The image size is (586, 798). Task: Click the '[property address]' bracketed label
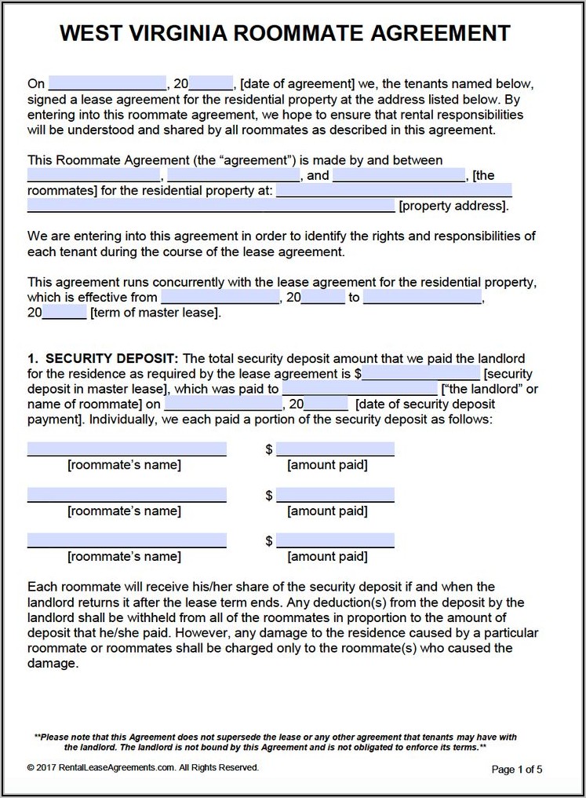(x=453, y=206)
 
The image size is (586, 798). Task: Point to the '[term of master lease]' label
(x=155, y=313)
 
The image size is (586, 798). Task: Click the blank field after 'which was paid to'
(x=359, y=389)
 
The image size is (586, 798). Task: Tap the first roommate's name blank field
(x=127, y=449)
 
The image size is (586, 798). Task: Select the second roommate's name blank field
(x=127, y=495)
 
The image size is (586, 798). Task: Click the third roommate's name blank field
(x=127, y=540)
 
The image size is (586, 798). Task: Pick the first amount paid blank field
(x=335, y=449)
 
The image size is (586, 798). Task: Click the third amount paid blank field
(x=335, y=540)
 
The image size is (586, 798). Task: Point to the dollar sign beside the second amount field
(x=269, y=496)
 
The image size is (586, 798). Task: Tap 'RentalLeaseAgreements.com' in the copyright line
(x=103, y=767)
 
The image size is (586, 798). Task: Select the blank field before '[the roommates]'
(x=399, y=175)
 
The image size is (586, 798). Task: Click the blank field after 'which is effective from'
(x=220, y=298)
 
